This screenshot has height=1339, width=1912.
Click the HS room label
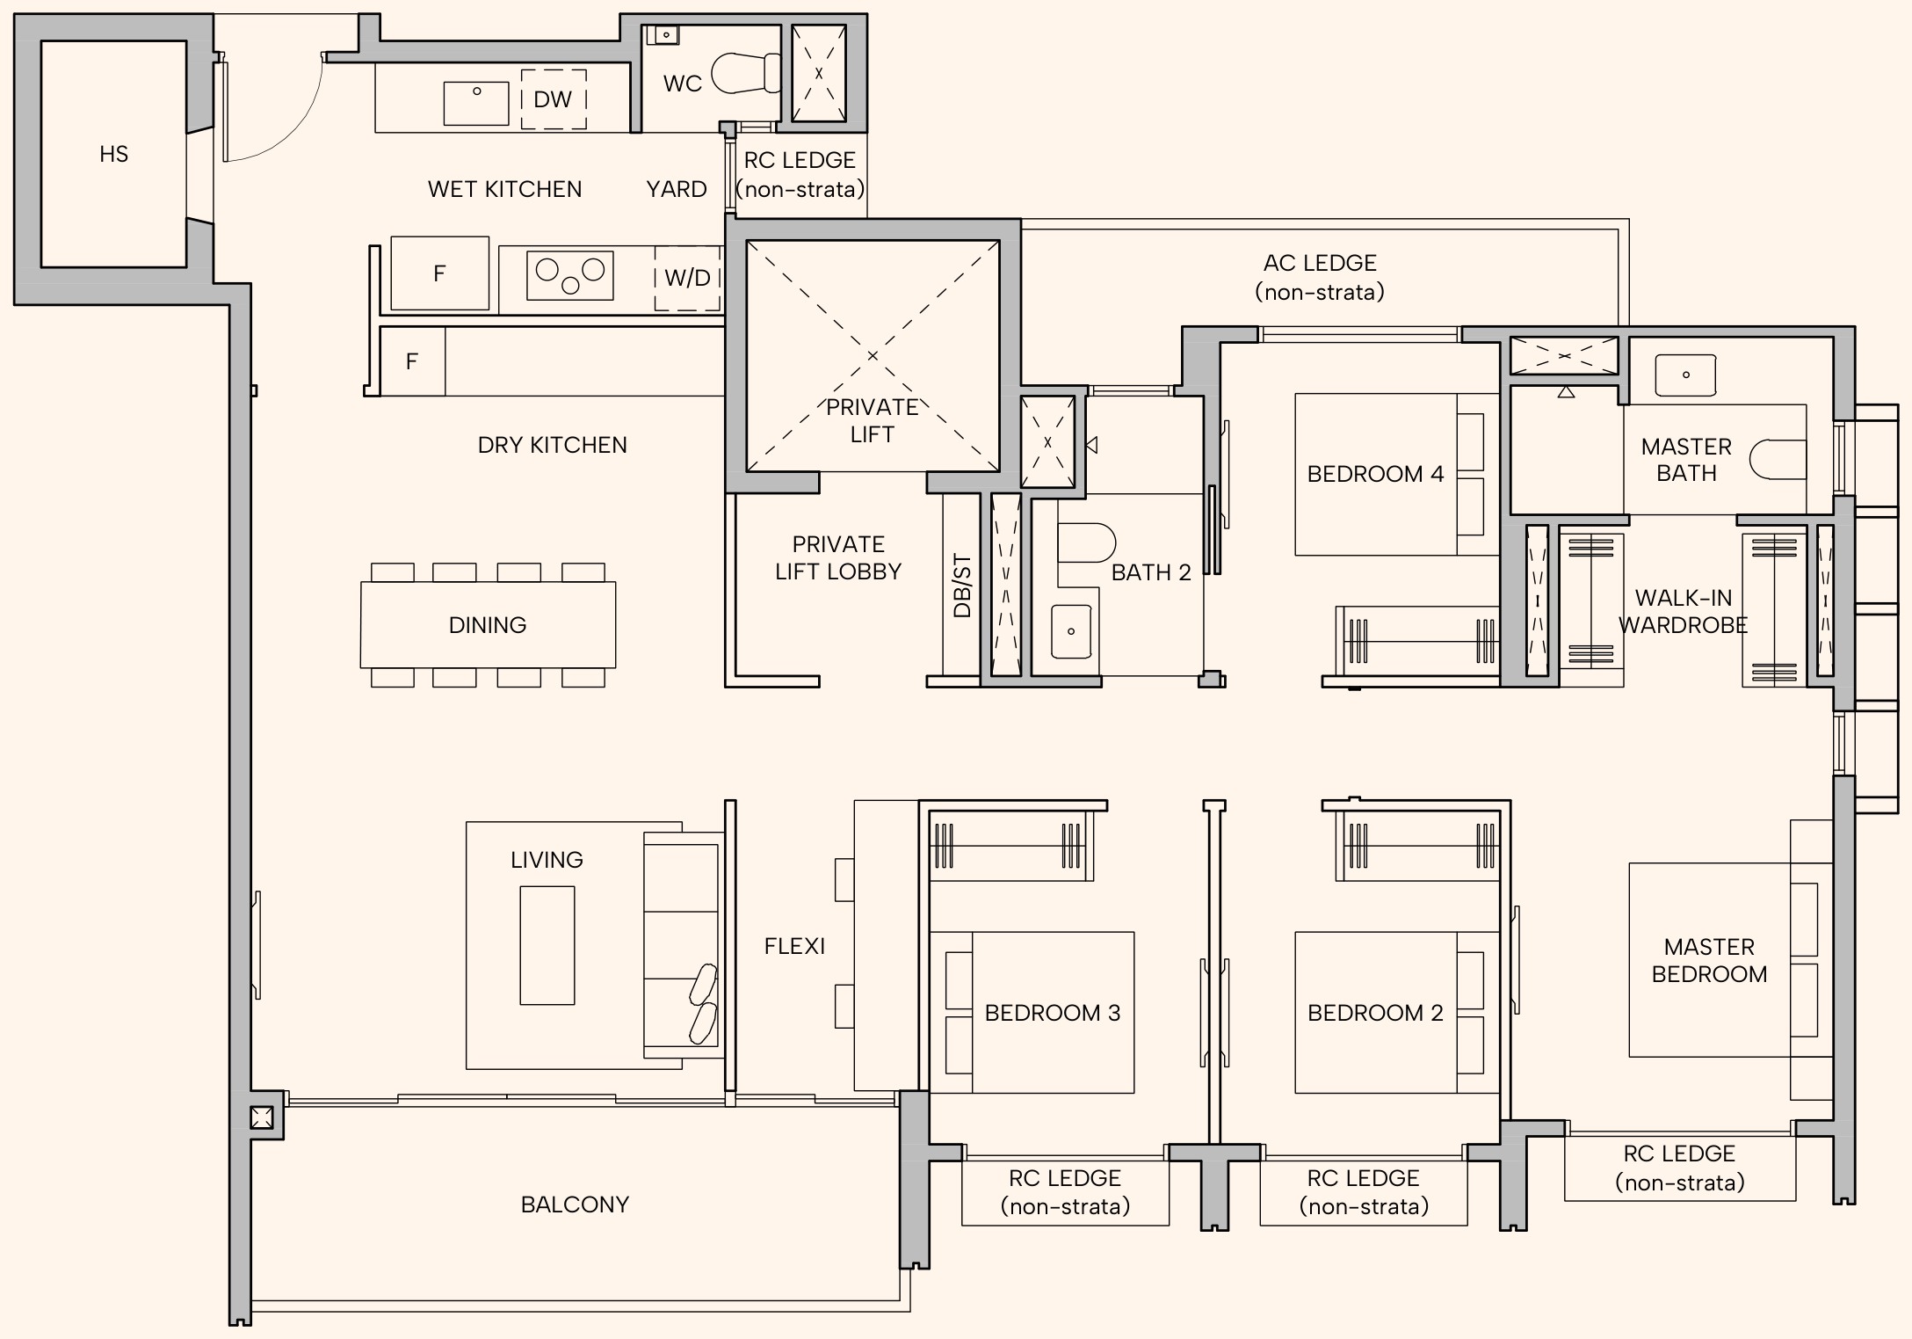coord(114,155)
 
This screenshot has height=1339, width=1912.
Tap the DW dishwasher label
coord(553,99)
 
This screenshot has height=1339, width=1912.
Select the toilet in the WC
coord(746,73)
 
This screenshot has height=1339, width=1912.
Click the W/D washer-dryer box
coord(687,278)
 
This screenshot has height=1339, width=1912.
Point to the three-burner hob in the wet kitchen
coord(570,275)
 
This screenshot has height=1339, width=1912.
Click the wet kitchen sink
coord(476,104)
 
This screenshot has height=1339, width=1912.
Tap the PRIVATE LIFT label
coord(873,420)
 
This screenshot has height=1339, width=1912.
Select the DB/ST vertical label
coord(962,586)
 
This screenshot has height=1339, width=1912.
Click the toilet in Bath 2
coord(1087,543)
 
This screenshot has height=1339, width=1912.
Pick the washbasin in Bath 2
coord(1071,631)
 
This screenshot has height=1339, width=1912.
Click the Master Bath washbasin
coord(1685,375)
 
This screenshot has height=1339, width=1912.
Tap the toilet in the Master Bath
coord(1778,460)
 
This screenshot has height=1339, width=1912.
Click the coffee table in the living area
coord(547,945)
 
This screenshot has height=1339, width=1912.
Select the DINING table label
coord(488,625)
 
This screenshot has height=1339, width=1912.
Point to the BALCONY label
coord(576,1204)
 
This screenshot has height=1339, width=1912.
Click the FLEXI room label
coord(794,946)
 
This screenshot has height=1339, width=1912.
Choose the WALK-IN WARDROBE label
coord(1684,611)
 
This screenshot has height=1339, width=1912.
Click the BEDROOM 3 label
coord(1053,1013)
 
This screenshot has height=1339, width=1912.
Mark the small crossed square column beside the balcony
coord(261,1117)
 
